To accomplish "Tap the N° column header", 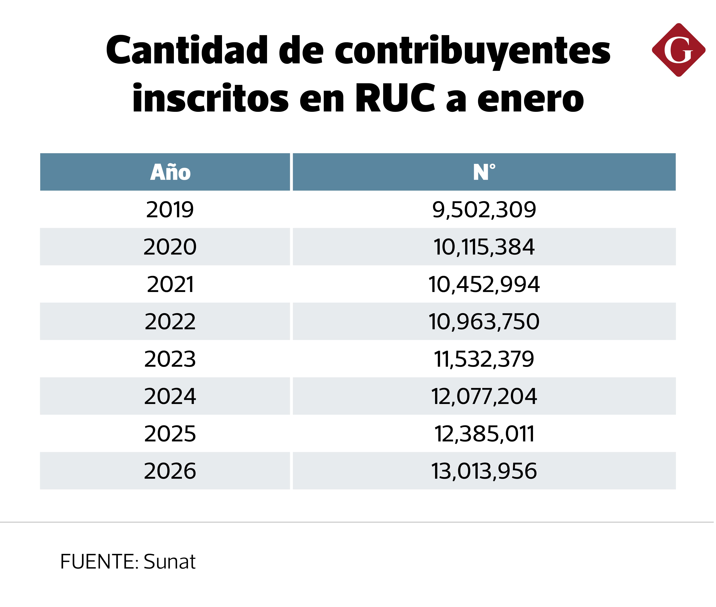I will click(484, 172).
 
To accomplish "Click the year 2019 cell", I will click(170, 210).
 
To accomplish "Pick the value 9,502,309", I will click(484, 210).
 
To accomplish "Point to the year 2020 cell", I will click(170, 247).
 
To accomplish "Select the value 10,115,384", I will click(484, 247).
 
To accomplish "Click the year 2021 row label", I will click(170, 284).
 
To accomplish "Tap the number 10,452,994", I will click(484, 284).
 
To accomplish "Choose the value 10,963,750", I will click(484, 321).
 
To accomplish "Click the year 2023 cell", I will click(170, 359).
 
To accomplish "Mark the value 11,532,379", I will click(484, 359).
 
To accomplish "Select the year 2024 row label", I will click(170, 396).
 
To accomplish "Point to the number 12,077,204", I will click(484, 396).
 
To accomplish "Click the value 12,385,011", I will click(484, 434).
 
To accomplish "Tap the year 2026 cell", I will click(170, 471).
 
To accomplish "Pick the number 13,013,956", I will click(484, 471).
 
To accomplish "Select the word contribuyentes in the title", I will click(472, 52).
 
